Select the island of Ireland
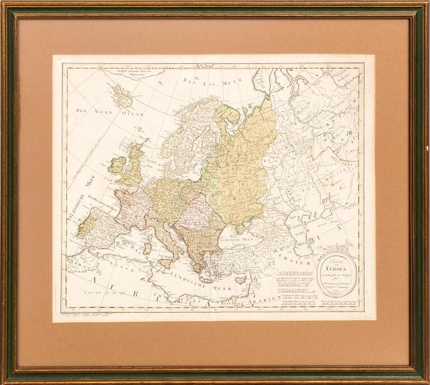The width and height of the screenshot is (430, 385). pyautogui.click(x=118, y=165)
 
